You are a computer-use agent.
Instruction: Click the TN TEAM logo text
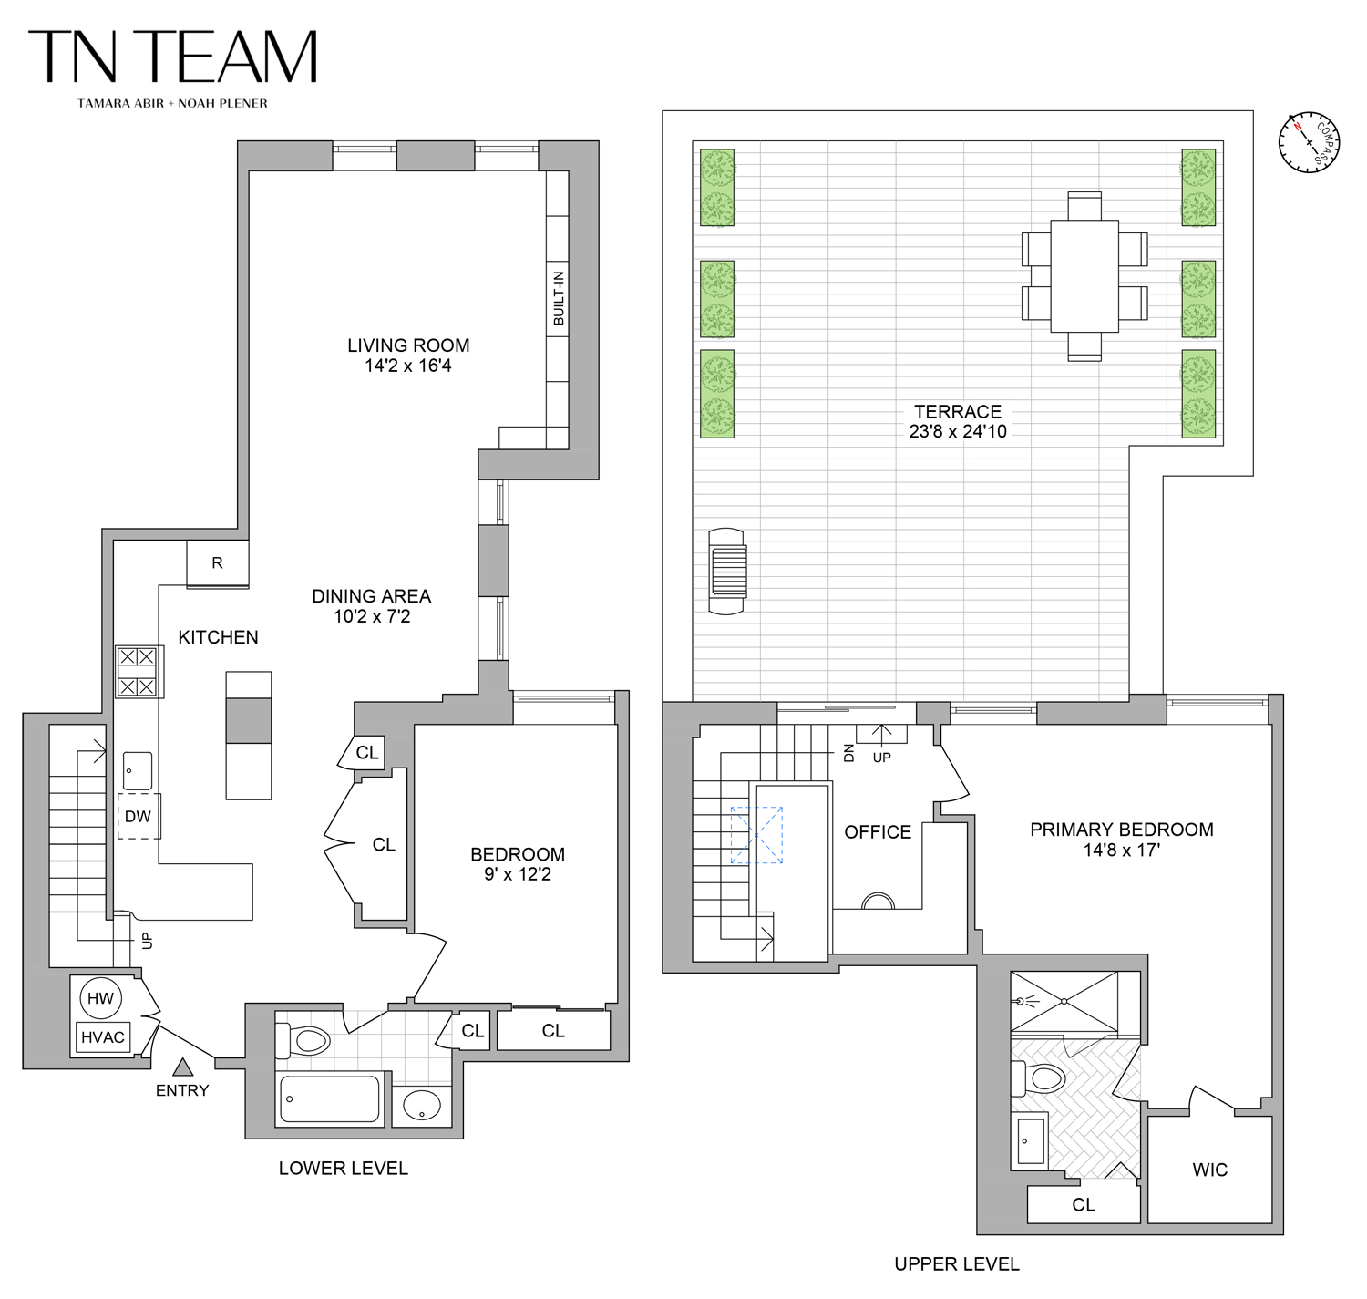point(173,57)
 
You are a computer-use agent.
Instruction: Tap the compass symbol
point(1309,142)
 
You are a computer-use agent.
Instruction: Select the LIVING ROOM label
point(408,345)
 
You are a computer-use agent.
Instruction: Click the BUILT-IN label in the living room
point(559,298)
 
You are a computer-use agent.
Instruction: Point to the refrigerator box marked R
point(217,563)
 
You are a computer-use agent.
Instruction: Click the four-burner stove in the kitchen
point(139,672)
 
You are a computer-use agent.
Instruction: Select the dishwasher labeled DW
point(139,816)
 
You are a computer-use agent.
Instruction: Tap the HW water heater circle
point(100,998)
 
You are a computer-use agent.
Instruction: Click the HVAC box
point(103,1037)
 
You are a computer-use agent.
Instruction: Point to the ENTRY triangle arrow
point(183,1067)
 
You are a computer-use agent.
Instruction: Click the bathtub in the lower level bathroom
point(329,1098)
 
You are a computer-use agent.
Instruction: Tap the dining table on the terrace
point(1084,276)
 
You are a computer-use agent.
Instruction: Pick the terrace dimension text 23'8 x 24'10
point(958,431)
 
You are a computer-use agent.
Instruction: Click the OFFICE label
point(878,832)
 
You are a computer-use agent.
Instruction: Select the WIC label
point(1209,1170)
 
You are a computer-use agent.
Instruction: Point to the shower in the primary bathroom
point(1064,1002)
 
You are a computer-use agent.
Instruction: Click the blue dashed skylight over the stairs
point(756,835)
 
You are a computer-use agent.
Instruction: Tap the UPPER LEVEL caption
point(957,1263)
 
